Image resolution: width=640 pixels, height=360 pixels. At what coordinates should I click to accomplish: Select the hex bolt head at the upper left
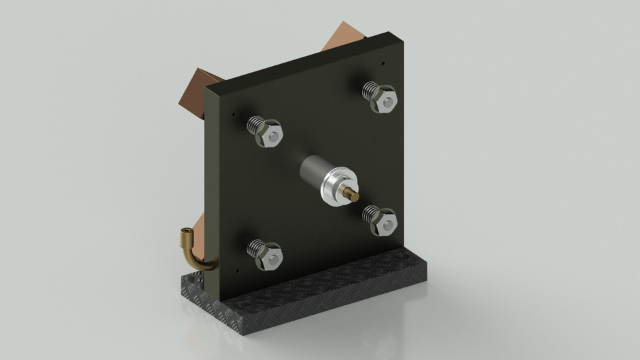271,135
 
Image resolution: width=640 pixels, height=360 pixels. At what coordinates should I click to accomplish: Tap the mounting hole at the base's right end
404,256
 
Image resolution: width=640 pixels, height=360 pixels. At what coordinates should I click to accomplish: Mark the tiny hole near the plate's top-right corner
383,64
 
